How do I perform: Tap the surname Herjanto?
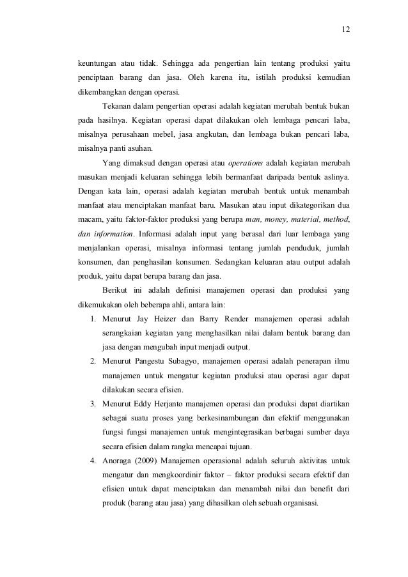(185, 404)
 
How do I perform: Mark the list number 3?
(92, 404)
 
